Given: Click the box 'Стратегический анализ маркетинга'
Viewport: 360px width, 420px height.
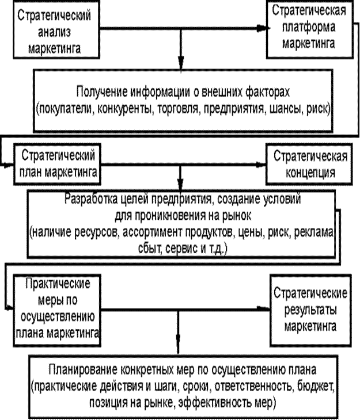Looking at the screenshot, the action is tap(56, 29).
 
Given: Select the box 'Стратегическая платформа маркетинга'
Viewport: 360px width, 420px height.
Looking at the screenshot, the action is tap(309, 29).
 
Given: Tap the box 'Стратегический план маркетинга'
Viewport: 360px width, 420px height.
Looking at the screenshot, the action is tap(57, 164).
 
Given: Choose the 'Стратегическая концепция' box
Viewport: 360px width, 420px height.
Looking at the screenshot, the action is tap(309, 164).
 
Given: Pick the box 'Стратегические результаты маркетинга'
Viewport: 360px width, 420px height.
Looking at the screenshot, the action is tap(310, 310).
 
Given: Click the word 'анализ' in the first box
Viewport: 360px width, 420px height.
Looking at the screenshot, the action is tap(55, 33).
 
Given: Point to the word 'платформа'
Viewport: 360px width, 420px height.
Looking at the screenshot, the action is tap(309, 28).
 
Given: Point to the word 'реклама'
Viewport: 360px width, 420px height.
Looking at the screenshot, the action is tap(314, 232).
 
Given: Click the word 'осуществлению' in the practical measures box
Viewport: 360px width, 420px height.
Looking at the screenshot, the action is tap(58, 316).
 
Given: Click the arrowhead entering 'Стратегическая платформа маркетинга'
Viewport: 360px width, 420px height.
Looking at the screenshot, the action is tap(262, 28).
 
